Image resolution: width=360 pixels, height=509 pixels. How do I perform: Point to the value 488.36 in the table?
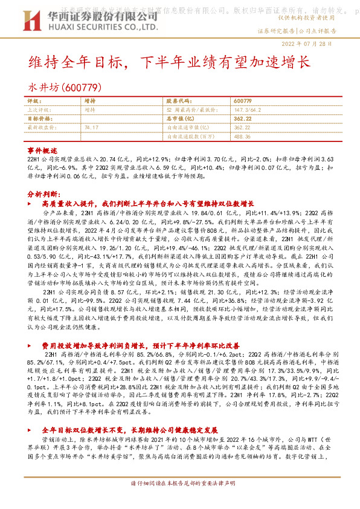(241, 137)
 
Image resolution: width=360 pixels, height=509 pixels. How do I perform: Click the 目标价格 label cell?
(39, 119)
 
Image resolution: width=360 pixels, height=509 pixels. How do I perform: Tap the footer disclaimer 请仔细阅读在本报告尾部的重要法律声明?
(179, 502)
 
